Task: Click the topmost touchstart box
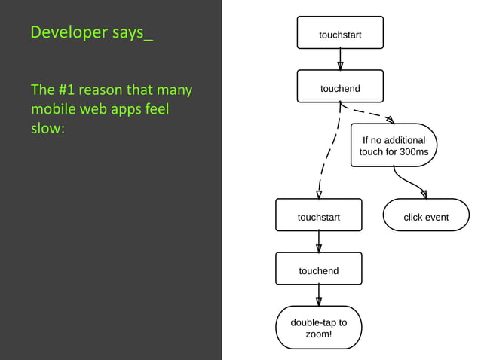(340, 35)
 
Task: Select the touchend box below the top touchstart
(340, 89)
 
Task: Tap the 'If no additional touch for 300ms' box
(394, 146)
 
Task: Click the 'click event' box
(426, 218)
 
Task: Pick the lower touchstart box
(319, 218)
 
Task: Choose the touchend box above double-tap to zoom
(319, 270)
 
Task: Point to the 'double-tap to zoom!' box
(319, 328)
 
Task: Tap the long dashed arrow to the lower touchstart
(327, 154)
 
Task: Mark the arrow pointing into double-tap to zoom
(319, 295)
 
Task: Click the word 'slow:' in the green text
(48, 128)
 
